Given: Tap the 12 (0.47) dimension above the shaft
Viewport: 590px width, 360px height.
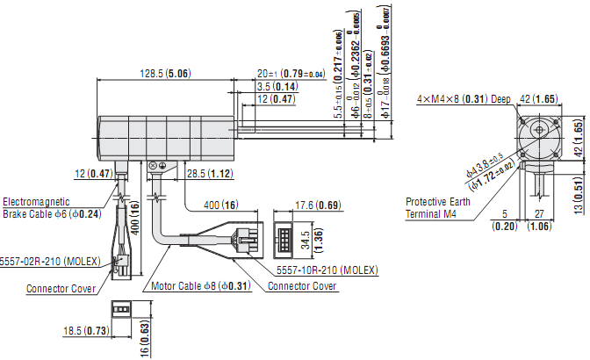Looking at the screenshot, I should [276, 100].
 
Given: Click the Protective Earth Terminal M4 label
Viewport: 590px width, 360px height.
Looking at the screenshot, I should [436, 206].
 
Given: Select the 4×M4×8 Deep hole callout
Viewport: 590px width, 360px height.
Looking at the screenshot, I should [464, 99].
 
